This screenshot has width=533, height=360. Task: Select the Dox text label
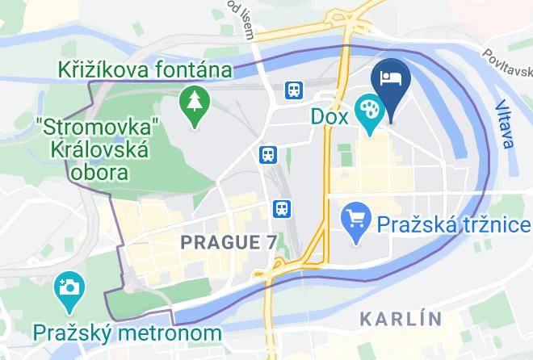pyautogui.click(x=329, y=116)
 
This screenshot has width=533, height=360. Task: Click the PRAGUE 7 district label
pyautogui.click(x=228, y=241)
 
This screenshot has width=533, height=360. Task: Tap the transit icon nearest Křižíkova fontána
pyautogui.click(x=295, y=90)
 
